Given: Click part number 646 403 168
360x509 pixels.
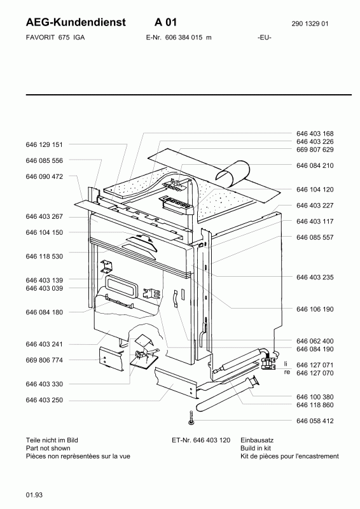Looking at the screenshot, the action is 315,134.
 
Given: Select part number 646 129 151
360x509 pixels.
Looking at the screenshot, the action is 44,144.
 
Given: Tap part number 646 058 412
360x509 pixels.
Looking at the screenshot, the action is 315,421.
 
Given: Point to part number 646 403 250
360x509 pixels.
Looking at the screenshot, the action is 44,400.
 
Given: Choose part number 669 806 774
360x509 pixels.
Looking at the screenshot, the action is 44,360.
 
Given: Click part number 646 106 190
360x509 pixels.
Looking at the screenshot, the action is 315,309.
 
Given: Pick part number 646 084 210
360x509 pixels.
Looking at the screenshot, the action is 315,165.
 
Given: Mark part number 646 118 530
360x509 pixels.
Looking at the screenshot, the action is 44,256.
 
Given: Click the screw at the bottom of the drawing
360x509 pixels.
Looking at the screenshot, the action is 191,418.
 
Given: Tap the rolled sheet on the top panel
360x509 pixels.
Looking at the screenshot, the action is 233,173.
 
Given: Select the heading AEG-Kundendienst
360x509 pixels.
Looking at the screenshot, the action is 76,22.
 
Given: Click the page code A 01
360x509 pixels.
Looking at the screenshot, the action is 165,22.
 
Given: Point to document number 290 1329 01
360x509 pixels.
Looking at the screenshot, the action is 310,24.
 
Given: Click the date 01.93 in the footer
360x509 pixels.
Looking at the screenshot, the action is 34,495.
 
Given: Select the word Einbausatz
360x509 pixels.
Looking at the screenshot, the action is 257,440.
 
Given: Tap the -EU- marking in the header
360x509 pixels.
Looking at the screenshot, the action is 265,38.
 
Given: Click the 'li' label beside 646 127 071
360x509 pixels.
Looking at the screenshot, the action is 286,364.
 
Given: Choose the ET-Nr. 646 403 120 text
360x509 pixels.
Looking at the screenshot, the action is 201,440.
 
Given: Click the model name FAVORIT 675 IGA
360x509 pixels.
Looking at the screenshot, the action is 55,38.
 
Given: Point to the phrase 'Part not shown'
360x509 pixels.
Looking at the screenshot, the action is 48,449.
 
